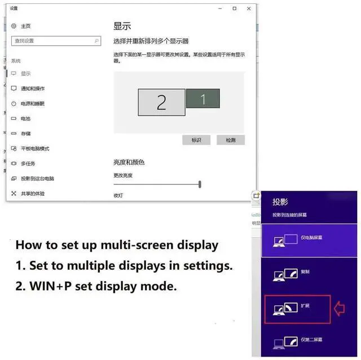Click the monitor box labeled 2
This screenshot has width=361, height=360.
coord(161,102)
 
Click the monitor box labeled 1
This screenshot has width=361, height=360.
coord(203,99)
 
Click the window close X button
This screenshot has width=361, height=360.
coord(248,8)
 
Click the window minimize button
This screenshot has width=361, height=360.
coord(219,8)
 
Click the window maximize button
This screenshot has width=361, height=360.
coord(234,8)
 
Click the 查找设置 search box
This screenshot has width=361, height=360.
coord(56,41)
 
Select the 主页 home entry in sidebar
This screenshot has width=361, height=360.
coord(26,27)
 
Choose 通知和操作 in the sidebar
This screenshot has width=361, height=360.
coord(33,89)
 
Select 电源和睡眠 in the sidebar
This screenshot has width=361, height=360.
coord(32,104)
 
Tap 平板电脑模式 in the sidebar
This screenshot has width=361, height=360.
coord(35,148)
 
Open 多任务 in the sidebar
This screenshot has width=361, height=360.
coord(28,164)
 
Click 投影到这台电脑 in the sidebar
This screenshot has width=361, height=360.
coord(37,178)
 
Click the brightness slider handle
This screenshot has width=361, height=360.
coord(200,184)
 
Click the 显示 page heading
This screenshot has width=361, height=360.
coord(122,26)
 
